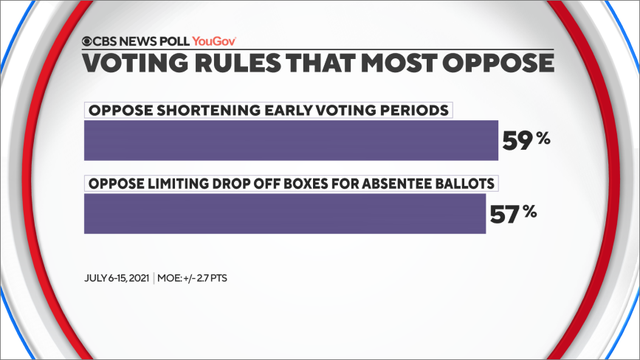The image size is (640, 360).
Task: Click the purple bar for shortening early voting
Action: click(x=290, y=140)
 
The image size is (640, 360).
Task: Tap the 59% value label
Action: click(x=526, y=141)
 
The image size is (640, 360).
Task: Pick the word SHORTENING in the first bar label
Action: click(x=200, y=110)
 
